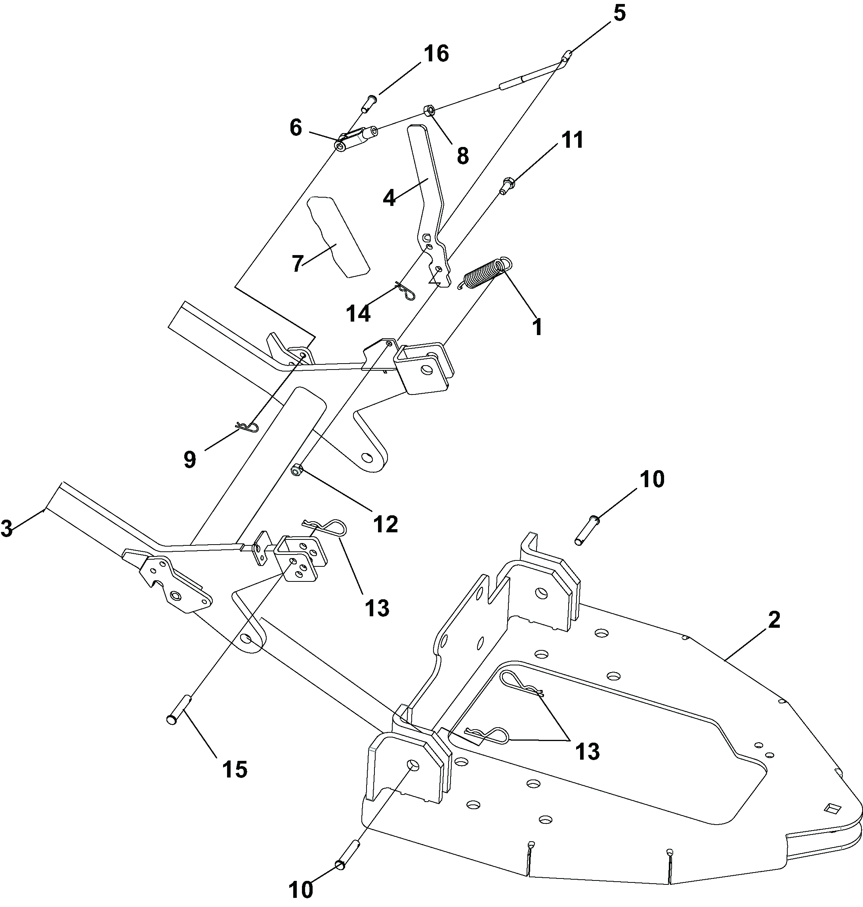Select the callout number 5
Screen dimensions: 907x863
619,14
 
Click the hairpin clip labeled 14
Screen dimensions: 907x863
405,292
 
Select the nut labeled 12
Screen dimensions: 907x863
297,470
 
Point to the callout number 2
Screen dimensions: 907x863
774,619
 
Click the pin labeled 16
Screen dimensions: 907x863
369,103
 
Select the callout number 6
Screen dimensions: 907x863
296,128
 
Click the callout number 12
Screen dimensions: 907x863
386,524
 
